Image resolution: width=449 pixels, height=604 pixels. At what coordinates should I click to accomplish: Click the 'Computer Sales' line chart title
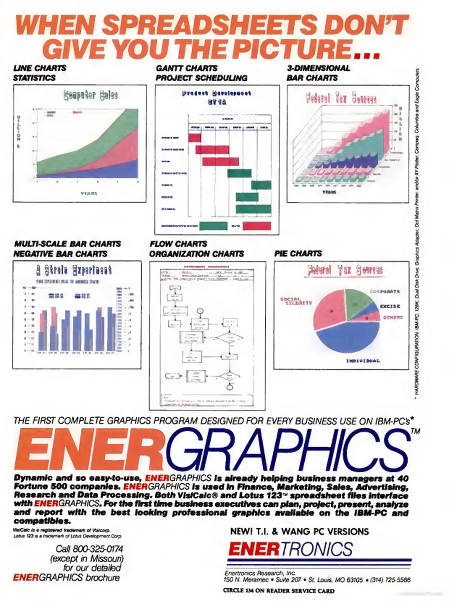point(90,96)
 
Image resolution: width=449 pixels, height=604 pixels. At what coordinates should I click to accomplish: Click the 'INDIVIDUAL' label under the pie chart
point(363,361)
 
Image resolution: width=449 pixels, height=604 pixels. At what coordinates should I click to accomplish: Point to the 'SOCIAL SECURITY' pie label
point(296,301)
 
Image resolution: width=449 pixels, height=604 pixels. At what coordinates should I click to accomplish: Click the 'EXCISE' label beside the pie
point(390,306)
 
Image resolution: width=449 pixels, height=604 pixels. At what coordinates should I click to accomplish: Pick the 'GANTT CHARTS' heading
point(187,68)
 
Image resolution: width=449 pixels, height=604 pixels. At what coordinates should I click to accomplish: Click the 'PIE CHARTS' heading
point(298,254)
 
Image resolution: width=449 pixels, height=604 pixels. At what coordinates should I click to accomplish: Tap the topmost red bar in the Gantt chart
point(195,138)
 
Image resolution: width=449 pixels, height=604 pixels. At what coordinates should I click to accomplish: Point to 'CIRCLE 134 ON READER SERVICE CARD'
point(279,591)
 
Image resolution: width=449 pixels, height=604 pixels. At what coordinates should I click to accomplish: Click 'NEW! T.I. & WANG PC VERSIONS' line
point(299,531)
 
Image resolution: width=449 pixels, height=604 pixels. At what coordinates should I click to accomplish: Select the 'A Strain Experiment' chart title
point(74,270)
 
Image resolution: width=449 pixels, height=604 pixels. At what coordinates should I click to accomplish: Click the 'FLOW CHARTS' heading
point(178,244)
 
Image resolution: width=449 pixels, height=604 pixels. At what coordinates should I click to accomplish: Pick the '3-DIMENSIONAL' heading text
point(318,68)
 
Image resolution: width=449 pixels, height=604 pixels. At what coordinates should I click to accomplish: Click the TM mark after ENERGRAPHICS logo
point(415,431)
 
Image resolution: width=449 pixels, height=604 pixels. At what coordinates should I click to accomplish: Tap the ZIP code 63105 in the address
point(355,580)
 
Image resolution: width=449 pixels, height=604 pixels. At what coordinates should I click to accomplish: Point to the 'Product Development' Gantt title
point(216,93)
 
